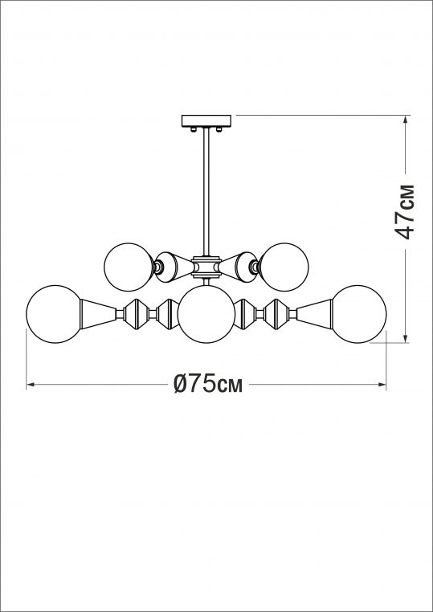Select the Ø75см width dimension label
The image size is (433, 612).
coord(208,385)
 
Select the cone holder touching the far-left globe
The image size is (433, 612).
coord(97,313)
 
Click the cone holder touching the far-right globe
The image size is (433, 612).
coord(316,313)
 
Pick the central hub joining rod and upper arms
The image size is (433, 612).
coord(207,263)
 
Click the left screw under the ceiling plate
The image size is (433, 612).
coord(193,129)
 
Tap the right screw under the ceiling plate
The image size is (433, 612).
coord(222,129)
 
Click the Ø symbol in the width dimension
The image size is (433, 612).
coord(182,385)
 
